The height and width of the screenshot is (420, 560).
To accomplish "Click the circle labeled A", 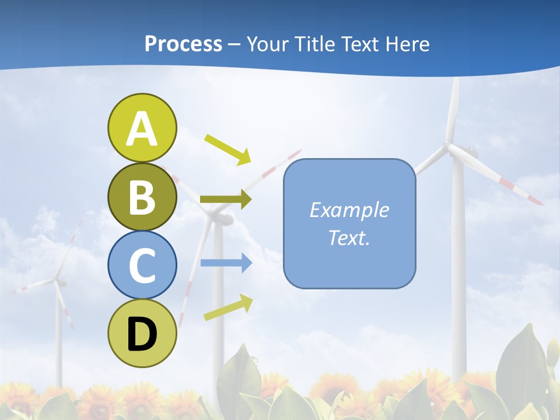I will (x=142, y=128).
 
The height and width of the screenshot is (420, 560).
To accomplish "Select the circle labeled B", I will (x=142, y=197).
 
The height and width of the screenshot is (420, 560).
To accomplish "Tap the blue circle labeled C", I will (x=142, y=265).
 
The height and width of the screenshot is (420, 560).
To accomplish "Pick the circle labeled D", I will (x=142, y=333).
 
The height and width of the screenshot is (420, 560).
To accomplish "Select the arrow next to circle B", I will (x=226, y=199).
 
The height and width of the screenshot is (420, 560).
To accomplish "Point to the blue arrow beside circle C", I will (x=226, y=263).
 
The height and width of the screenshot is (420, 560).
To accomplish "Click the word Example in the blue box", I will (x=349, y=210).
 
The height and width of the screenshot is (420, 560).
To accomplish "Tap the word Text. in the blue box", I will (x=349, y=237).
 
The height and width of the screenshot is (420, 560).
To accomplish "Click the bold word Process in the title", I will (x=183, y=44).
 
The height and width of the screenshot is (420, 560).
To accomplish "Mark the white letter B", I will (x=142, y=197).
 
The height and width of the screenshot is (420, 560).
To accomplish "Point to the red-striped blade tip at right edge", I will (x=534, y=198).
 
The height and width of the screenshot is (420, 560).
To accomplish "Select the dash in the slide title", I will (x=235, y=45).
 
